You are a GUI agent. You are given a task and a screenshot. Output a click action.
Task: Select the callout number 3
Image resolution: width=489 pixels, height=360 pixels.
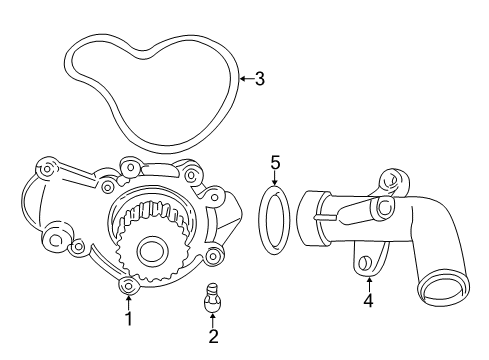(x=259, y=78)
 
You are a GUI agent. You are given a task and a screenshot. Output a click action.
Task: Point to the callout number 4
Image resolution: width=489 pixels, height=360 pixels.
(x=369, y=301)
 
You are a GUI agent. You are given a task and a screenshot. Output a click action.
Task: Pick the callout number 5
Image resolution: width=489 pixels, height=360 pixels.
(x=275, y=162)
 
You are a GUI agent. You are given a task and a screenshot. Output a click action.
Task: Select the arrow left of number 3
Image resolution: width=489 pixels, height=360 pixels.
(x=246, y=78)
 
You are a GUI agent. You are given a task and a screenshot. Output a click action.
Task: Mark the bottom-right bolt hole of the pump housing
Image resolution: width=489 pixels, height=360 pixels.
(x=213, y=256)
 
